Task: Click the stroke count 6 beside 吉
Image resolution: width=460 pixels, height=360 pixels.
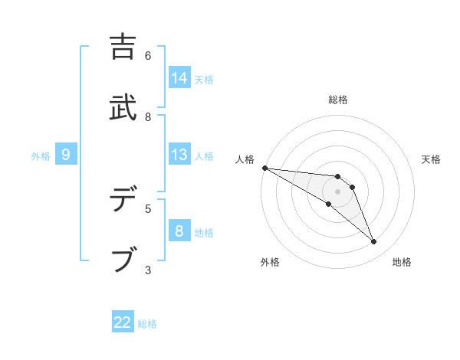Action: pos(148,56)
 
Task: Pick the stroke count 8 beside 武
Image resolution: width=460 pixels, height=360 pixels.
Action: pos(148,116)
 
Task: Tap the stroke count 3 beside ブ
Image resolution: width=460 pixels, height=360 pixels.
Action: pos(148,269)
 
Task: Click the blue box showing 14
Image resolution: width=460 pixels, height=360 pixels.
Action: pos(179,78)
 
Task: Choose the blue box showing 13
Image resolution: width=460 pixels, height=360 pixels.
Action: pos(179,155)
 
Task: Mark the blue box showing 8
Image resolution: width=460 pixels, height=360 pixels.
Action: pos(179,231)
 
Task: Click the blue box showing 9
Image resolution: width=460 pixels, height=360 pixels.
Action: pos(66,155)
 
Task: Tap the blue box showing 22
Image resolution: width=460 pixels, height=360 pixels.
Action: pos(123,322)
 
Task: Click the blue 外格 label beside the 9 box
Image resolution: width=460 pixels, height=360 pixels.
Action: pos(41,156)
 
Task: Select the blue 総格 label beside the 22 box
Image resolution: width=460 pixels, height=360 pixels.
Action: pos(147,324)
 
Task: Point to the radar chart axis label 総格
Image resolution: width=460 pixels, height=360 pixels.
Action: pos(338,100)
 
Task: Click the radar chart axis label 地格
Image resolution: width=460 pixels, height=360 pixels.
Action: pos(402,262)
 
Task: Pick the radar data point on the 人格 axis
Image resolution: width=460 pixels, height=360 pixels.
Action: pos(264,167)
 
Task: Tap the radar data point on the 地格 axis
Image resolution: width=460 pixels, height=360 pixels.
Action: pos(373,242)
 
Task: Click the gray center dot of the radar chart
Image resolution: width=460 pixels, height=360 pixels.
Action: pos(337,191)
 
